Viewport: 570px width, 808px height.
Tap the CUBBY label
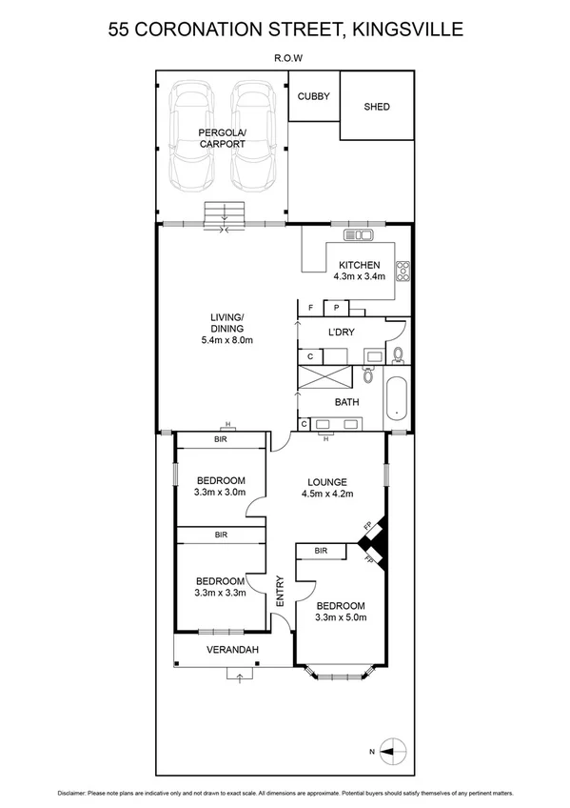(x=313, y=96)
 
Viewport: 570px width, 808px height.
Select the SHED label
(x=377, y=107)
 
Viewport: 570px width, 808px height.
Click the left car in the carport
(x=190, y=136)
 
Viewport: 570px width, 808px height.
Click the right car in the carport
(x=253, y=136)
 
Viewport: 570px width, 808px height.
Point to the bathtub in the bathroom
(x=398, y=402)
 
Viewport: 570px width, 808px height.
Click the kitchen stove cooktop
(x=403, y=273)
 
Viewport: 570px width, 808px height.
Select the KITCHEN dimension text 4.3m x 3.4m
(x=359, y=277)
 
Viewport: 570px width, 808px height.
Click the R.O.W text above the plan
(x=288, y=57)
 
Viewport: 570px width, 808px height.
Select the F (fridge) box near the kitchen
(x=311, y=307)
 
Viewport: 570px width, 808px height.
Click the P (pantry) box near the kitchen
(x=336, y=307)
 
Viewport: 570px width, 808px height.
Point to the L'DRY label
(x=342, y=333)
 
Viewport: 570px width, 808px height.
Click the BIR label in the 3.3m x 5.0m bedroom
(x=321, y=551)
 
